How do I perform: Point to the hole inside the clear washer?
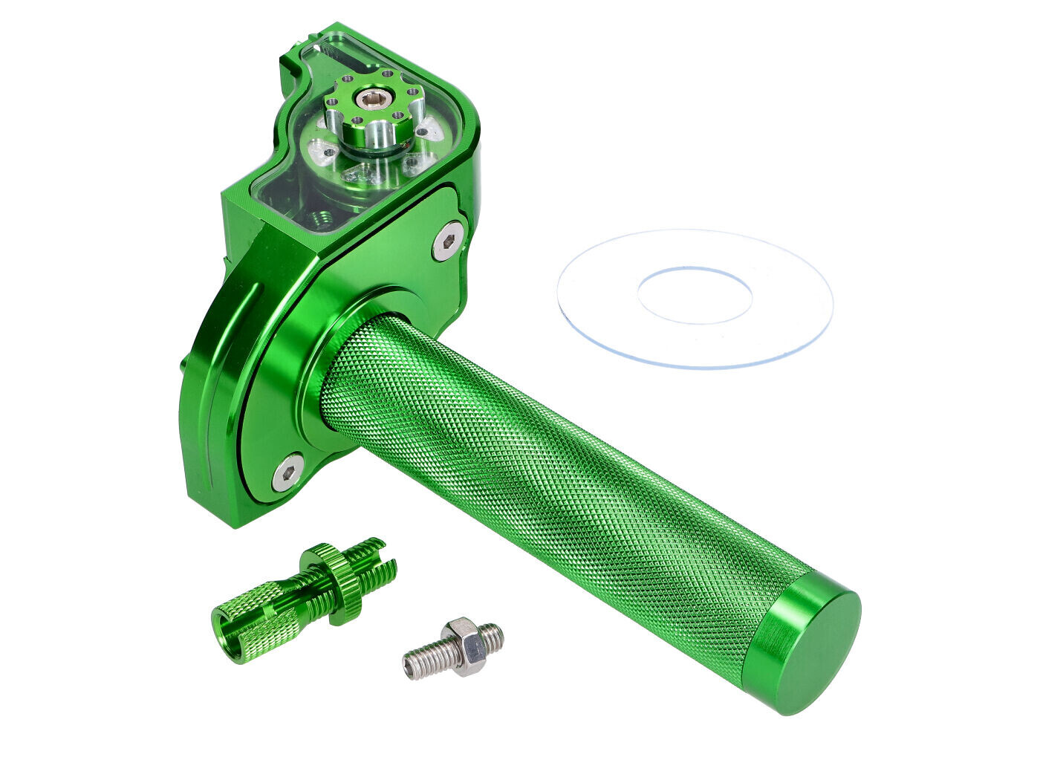(695, 296)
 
